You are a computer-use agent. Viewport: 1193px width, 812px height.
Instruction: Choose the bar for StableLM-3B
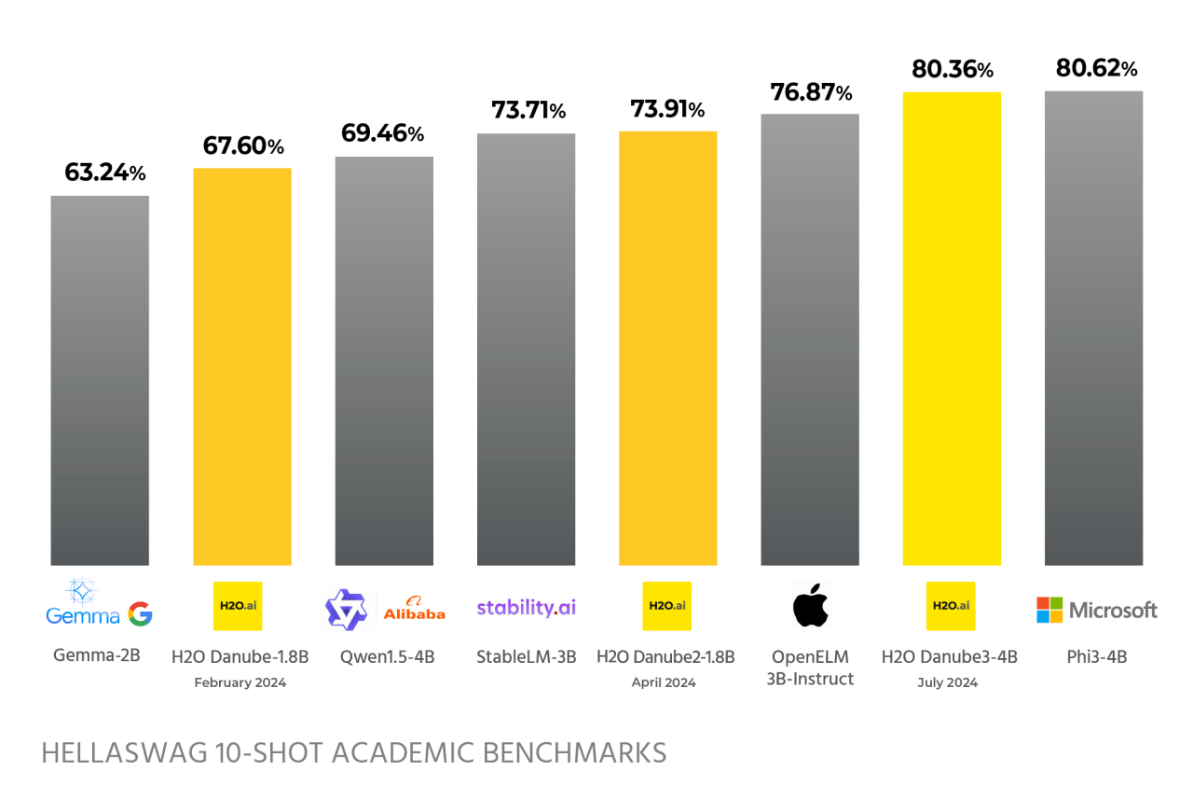[526, 350]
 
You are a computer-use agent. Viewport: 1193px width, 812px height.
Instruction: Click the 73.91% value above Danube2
[668, 109]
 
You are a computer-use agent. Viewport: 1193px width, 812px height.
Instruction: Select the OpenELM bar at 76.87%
[810, 339]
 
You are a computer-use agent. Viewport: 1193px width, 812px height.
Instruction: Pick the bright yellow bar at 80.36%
[952, 328]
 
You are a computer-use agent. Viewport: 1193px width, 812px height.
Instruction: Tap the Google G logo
[140, 613]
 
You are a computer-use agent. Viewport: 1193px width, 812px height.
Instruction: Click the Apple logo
[810, 607]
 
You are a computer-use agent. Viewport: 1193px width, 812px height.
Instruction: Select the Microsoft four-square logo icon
[1049, 611]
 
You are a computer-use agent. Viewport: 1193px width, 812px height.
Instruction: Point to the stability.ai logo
[526, 608]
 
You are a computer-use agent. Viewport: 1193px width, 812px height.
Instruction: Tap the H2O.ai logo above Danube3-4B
[951, 606]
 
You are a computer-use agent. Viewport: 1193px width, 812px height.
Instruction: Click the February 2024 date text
[240, 682]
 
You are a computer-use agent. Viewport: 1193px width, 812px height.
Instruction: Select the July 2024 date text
[948, 682]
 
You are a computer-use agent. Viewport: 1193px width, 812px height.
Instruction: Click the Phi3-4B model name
[1096, 656]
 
